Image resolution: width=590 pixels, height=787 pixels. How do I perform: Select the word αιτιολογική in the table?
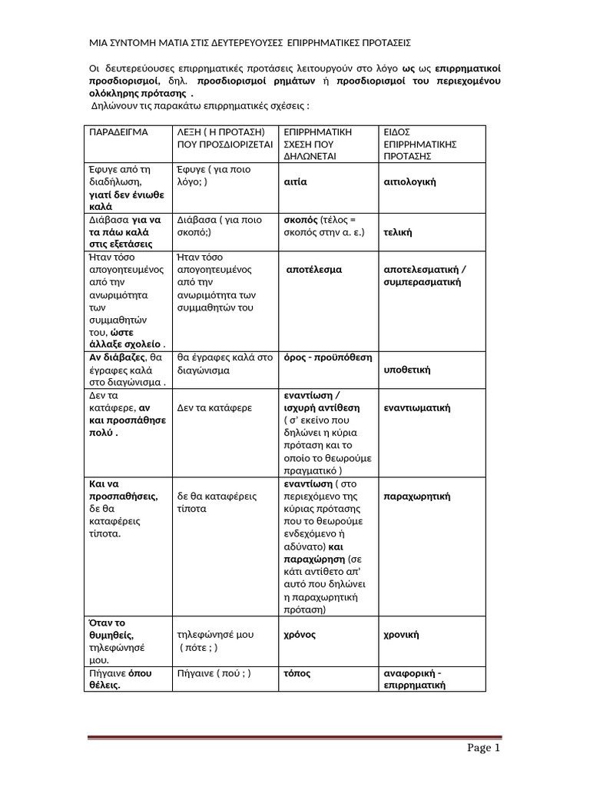409,182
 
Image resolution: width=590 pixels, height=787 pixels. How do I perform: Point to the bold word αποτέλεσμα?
314,270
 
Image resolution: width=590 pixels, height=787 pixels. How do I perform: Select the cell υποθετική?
406,370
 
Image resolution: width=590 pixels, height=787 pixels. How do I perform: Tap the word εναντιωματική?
416,407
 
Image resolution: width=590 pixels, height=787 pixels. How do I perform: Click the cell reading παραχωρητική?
416,496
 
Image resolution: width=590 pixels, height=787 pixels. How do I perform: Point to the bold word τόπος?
297,673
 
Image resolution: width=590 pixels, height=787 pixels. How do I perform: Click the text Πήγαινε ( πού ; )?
214,673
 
